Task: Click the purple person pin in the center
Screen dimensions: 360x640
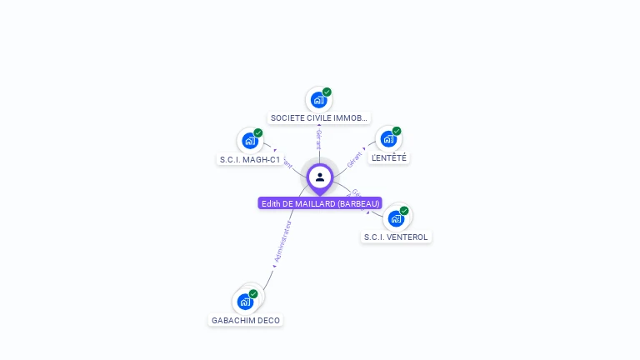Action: [x=320, y=177]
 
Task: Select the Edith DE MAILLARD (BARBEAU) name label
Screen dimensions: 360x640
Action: [x=320, y=203]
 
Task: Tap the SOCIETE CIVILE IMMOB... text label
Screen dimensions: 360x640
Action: [x=319, y=118]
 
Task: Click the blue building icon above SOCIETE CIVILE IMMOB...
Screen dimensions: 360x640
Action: [x=317, y=100]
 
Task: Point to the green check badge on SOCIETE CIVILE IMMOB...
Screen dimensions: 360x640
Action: [x=327, y=92]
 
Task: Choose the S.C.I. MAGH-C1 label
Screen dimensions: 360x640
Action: [x=250, y=159]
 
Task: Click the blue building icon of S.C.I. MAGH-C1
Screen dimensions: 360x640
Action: [x=249, y=140]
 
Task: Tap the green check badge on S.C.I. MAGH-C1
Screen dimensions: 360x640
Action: [x=258, y=132]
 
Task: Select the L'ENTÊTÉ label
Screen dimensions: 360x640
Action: [x=389, y=157]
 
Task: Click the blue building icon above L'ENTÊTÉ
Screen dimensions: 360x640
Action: [x=387, y=138]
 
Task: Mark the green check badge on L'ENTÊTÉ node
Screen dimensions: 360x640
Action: [x=397, y=131]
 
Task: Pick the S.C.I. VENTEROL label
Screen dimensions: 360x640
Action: [x=396, y=237]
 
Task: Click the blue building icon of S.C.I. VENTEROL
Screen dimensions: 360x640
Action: [x=396, y=218]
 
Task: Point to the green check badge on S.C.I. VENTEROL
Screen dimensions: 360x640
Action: [x=404, y=211]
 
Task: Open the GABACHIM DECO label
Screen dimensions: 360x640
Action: [x=246, y=320]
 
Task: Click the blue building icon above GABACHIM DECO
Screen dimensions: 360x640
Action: [x=245, y=301]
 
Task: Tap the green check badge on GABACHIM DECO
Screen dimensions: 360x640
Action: [x=253, y=293]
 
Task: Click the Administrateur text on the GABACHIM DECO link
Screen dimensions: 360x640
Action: [x=282, y=242]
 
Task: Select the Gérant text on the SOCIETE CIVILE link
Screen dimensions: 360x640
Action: [x=318, y=139]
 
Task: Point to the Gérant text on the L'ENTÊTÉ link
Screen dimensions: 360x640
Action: [x=355, y=159]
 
